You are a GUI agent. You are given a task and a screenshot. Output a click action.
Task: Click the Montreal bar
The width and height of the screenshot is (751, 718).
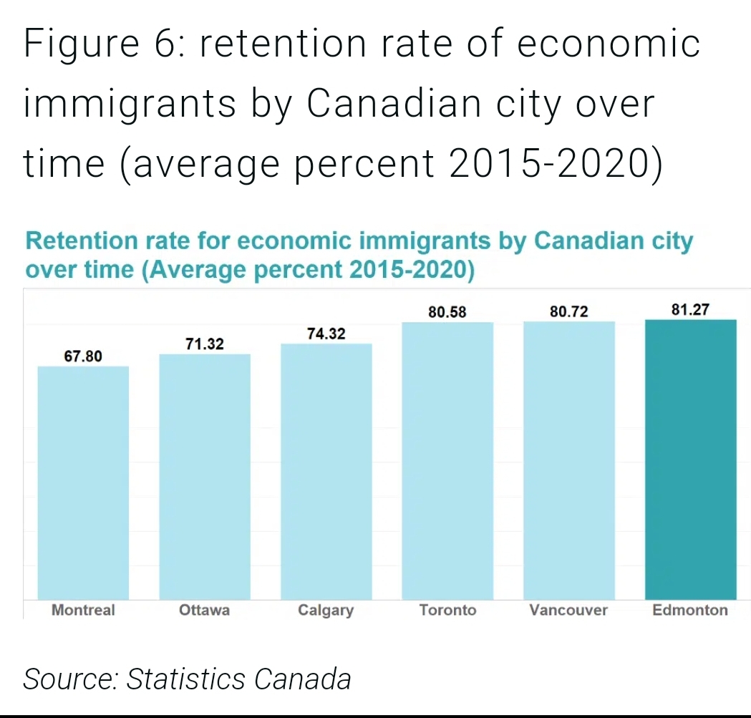coord(83,482)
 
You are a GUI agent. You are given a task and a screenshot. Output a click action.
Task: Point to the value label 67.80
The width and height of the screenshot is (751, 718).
coord(83,356)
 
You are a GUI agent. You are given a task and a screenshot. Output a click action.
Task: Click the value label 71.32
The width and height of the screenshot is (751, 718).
coord(205,344)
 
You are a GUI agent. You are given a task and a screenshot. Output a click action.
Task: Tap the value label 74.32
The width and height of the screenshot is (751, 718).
coord(326,334)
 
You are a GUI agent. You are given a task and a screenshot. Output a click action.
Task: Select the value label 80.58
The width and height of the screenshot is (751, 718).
coord(447,312)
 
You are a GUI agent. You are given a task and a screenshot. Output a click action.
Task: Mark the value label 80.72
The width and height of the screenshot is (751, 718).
coord(569,312)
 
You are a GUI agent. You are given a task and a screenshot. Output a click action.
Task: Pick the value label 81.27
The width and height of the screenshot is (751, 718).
coord(690,310)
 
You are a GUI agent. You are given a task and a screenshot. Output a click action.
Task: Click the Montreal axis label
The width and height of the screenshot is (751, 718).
coord(83,611)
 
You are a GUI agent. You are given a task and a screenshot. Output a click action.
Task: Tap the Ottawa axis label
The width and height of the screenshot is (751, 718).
coord(205,611)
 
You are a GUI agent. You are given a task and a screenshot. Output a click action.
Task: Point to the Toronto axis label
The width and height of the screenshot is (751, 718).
coord(447,611)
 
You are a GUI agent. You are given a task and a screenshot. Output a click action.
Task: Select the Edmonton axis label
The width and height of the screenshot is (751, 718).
coord(690,611)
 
